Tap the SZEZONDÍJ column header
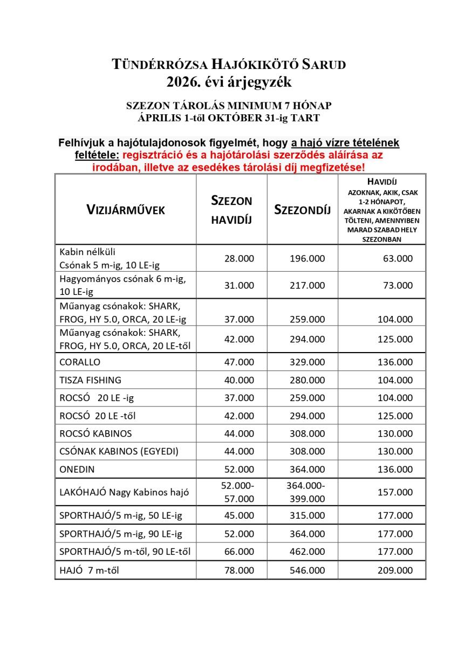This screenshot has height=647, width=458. [x=302, y=210]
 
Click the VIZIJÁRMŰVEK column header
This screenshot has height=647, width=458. [x=125, y=210]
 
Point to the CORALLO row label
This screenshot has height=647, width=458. [x=80, y=362]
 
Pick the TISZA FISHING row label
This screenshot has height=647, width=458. [x=90, y=380]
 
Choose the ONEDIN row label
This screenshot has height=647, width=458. [x=77, y=469]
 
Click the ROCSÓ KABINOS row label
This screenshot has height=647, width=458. [x=95, y=433]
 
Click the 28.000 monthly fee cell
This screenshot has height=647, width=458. [x=238, y=259]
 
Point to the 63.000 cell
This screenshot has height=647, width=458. [x=398, y=259]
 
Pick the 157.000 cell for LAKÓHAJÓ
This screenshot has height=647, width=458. [x=395, y=492]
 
